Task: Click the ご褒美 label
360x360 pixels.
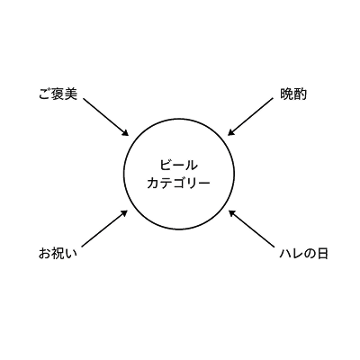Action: [x=58, y=94]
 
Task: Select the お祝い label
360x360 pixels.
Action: [x=58, y=254]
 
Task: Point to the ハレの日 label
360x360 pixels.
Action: [x=303, y=254]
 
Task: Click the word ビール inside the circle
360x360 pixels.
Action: [x=179, y=166]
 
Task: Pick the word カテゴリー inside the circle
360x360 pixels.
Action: [x=179, y=184]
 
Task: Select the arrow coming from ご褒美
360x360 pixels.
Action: [x=106, y=117]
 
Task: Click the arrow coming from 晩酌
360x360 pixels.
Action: [x=250, y=117]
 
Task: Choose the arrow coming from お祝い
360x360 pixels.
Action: [x=104, y=229]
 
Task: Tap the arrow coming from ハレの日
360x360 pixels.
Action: [x=252, y=229]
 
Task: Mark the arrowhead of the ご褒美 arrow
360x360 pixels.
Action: [x=125, y=132]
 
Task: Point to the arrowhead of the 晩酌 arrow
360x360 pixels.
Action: [x=231, y=132]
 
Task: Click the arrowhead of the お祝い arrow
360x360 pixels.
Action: [x=124, y=213]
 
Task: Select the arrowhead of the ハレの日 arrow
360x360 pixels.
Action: [x=232, y=213]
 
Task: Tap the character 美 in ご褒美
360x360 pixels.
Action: [x=71, y=94]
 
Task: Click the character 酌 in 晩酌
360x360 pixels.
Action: [x=301, y=94]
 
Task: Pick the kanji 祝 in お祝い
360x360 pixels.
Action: [x=58, y=254]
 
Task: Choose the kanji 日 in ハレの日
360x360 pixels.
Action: [x=322, y=254]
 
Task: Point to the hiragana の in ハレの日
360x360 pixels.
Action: [x=310, y=254]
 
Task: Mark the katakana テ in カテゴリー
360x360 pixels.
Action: [x=166, y=184]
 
